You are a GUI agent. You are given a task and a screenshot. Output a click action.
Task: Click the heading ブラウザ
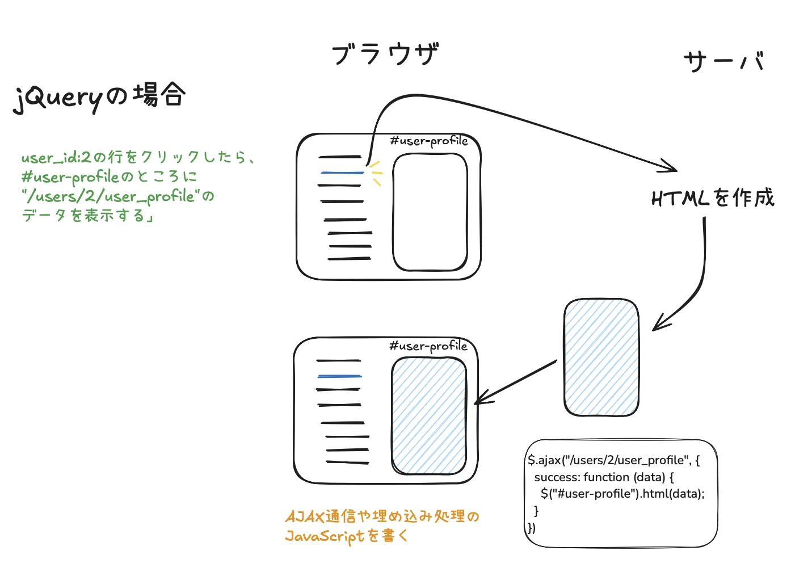click(x=385, y=54)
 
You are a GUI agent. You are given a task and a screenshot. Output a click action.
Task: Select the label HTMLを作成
click(x=713, y=198)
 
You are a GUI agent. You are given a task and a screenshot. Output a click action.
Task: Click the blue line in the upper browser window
click(x=342, y=172)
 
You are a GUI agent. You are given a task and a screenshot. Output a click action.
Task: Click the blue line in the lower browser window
click(x=339, y=376)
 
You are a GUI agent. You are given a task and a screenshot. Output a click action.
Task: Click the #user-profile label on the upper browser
click(x=429, y=141)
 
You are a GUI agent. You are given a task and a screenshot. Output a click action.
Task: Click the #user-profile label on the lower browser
click(x=428, y=346)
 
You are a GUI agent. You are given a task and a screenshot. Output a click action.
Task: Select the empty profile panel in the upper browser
click(x=430, y=213)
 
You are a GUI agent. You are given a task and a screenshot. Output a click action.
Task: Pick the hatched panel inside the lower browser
click(x=429, y=416)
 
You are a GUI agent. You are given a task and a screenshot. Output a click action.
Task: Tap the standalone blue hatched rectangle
click(x=601, y=358)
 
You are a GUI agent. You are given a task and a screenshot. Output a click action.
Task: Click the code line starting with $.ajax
click(x=613, y=460)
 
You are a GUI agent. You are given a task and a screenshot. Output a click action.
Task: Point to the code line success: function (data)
click(x=604, y=477)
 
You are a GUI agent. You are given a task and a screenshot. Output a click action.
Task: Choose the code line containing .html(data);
click(x=622, y=494)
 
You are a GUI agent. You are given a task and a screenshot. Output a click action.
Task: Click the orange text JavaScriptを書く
click(x=346, y=536)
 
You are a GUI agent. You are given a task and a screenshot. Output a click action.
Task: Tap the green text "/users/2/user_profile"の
click(x=118, y=196)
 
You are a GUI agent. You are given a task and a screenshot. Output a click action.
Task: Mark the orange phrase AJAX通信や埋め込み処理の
click(x=382, y=516)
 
